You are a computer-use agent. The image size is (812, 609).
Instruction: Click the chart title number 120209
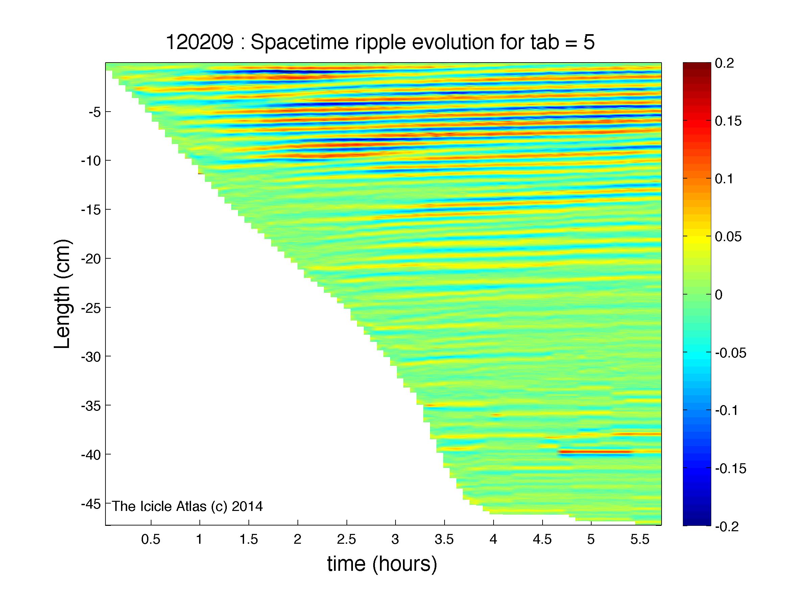click(199, 43)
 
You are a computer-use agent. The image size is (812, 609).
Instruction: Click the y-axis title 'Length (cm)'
click(62, 294)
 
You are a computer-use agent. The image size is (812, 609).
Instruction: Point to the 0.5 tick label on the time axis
click(151, 539)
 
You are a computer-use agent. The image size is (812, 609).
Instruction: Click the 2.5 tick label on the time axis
click(347, 539)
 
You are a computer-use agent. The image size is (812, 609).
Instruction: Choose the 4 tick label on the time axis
click(493, 539)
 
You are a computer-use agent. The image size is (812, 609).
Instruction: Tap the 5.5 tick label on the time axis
click(640, 539)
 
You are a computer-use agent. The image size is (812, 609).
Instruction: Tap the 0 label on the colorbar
click(719, 295)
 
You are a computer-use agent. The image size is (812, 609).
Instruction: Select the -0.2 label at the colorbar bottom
click(727, 526)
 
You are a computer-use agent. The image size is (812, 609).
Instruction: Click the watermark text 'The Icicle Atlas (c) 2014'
click(187, 506)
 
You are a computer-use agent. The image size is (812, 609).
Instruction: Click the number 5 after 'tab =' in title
click(589, 43)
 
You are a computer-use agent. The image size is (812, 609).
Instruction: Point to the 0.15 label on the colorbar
click(728, 121)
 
